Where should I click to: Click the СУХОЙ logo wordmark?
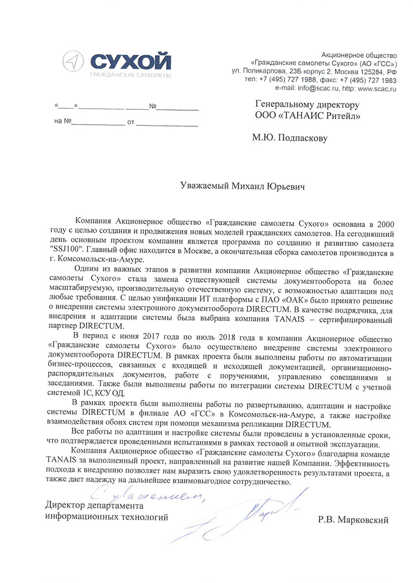pyautogui.click(x=131, y=62)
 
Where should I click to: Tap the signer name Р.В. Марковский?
pyautogui.click(x=352, y=520)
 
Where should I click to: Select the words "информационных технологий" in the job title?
pyautogui.click(x=107, y=517)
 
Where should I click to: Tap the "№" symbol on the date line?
pyautogui.click(x=152, y=107)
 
